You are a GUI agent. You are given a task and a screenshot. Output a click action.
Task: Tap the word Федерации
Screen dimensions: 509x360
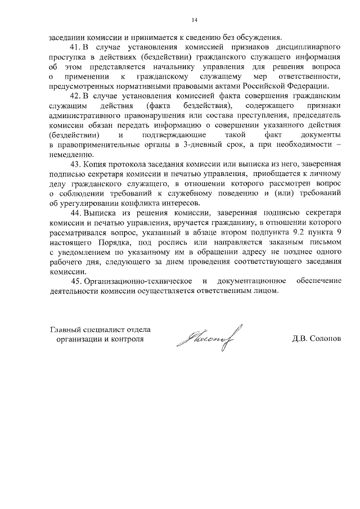pos(307,85)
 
